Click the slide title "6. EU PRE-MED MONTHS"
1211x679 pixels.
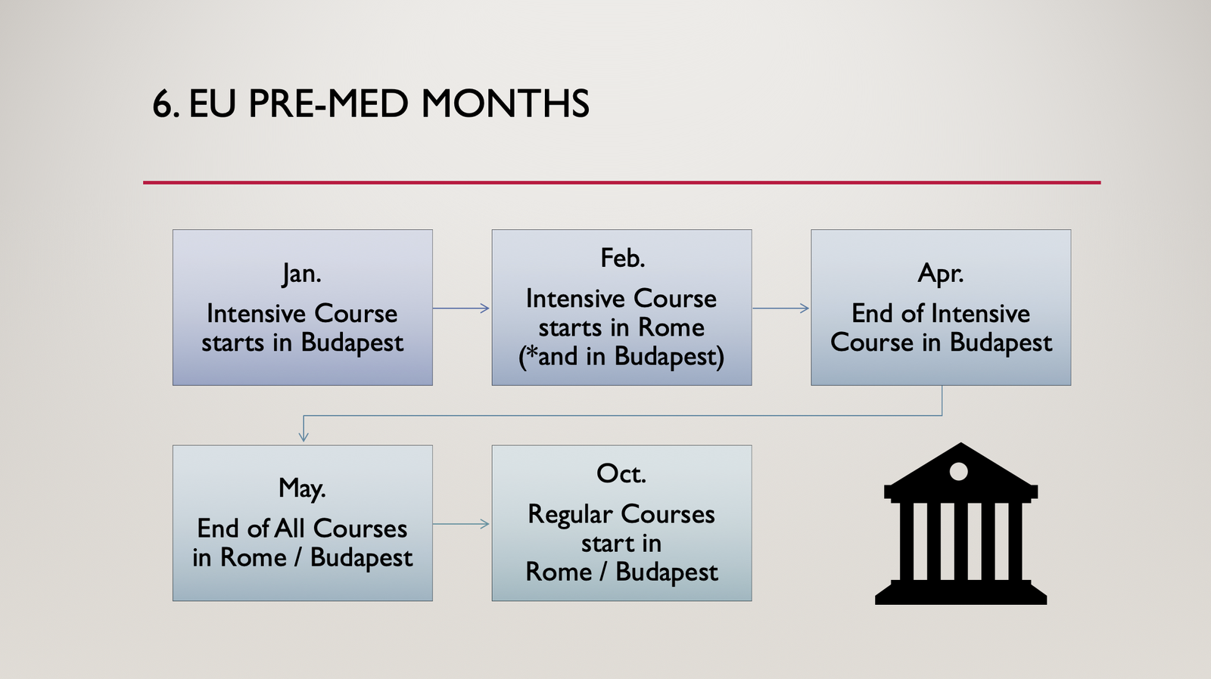pos(371,103)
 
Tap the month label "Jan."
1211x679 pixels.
pos(302,273)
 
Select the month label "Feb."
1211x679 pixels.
pos(622,258)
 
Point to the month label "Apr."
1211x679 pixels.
pos(941,274)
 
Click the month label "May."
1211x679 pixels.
pos(302,488)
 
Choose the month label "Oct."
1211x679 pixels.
pos(621,473)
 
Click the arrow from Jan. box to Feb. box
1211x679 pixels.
pos(461,308)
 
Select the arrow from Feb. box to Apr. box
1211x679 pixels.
pos(780,308)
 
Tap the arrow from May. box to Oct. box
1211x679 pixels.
pos(461,523)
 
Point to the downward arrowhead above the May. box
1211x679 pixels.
pos(304,436)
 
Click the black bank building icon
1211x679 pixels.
pos(960,523)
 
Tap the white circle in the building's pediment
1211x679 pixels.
pos(958,472)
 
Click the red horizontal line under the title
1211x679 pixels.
pos(621,182)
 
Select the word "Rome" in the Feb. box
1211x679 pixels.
pos(671,327)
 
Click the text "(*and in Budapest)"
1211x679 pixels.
pos(621,357)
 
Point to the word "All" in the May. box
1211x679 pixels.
pos(290,529)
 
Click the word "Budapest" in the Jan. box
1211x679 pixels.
pos(352,343)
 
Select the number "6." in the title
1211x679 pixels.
pos(166,103)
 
